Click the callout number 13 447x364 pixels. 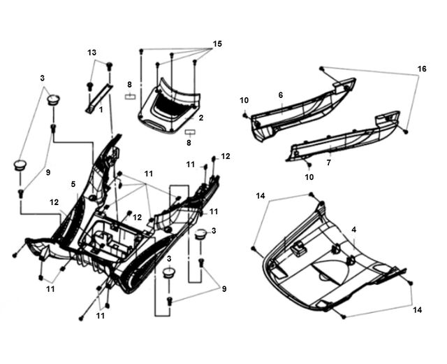pos(91,52)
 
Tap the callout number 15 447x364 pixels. pos(217,43)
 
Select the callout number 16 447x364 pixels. pos(422,69)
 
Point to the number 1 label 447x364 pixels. pos(101,109)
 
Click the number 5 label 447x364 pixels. pos(73,184)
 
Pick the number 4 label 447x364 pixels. pos(354,230)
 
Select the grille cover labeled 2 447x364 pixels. pos(170,106)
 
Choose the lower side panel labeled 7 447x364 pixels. pos(343,136)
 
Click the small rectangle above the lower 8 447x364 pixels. pos(190,132)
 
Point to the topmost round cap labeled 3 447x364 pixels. pos(53,99)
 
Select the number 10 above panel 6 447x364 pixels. pos(244,100)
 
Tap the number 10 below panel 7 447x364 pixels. pos(309,177)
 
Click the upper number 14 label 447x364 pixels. pos(261,196)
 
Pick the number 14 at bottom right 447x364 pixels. pos(418,310)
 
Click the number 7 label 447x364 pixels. pos(329,162)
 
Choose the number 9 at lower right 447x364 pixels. pos(224,289)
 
